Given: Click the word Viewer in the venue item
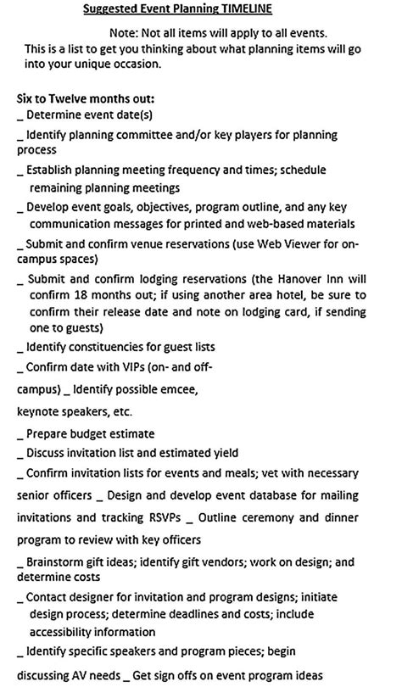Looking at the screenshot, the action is coord(309,243).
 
